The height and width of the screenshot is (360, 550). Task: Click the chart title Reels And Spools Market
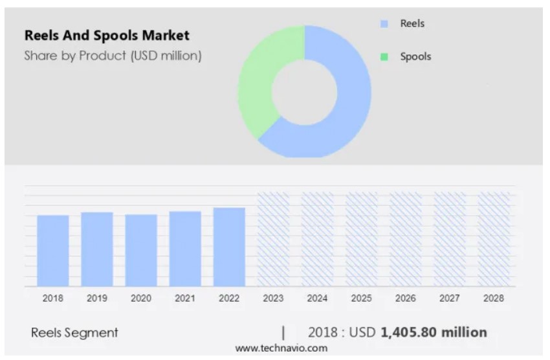coord(107,35)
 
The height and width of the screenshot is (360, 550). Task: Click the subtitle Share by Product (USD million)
coord(113,56)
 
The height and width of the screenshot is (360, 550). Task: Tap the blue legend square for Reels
coord(384,24)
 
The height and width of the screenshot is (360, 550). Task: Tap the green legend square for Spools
coord(384,57)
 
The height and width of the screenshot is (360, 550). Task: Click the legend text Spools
coord(415,57)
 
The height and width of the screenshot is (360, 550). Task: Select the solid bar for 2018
coord(53,251)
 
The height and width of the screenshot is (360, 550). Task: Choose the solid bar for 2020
coord(141,251)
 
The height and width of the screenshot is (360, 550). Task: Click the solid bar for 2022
coord(229,247)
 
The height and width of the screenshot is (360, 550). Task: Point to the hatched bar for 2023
coord(273,240)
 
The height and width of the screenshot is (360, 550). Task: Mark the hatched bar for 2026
coord(405,240)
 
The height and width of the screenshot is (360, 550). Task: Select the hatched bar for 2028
coord(494,240)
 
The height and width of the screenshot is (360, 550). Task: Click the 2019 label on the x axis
coord(97,298)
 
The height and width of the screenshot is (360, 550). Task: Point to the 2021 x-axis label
coord(185,298)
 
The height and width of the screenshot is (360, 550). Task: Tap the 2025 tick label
coord(361,298)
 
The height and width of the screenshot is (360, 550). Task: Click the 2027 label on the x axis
coord(449,298)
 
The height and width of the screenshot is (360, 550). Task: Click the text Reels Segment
coord(74,333)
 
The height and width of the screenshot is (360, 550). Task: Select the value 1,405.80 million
coord(434,333)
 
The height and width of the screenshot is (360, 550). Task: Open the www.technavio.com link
coord(281,348)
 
